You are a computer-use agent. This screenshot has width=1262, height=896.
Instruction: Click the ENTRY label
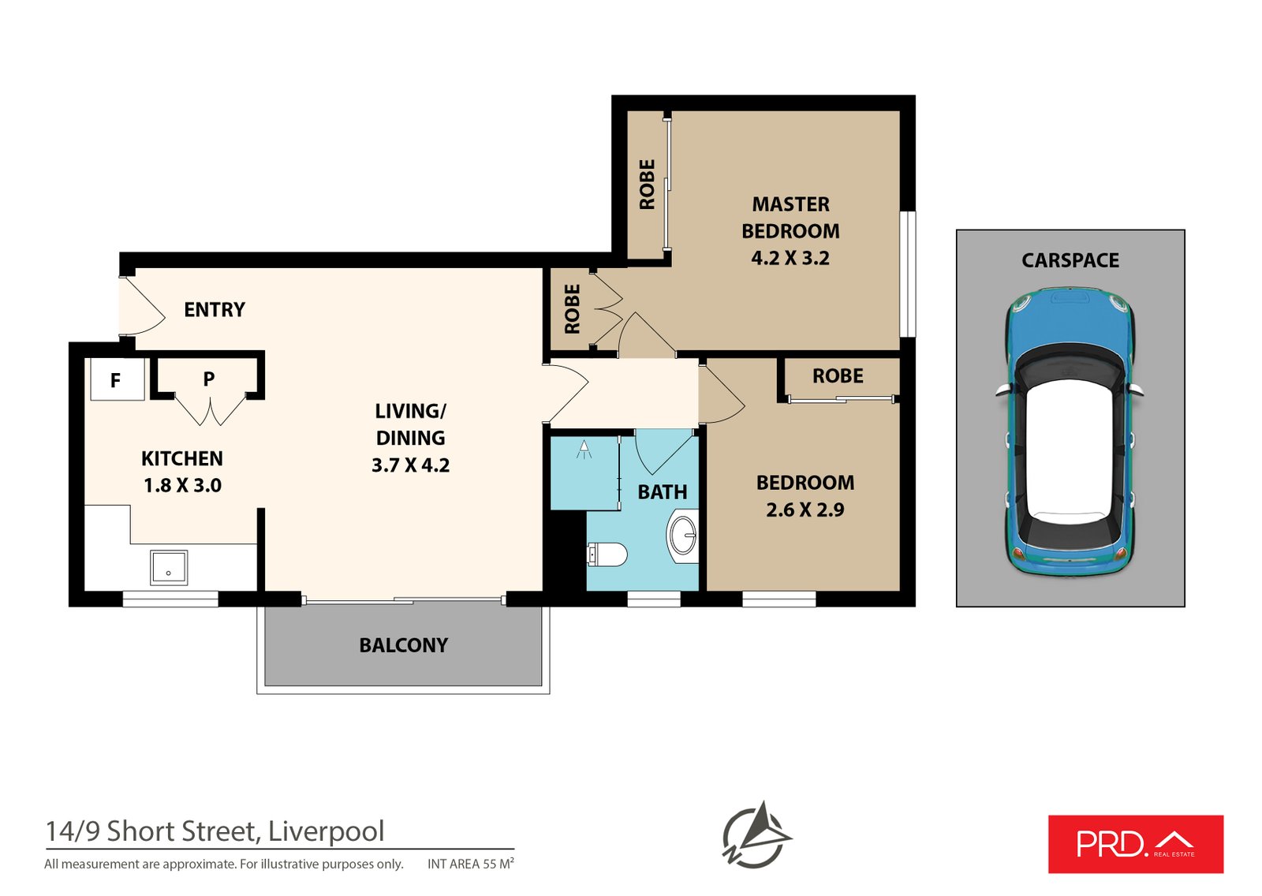tap(215, 310)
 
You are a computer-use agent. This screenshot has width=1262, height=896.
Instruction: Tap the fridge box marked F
tap(116, 380)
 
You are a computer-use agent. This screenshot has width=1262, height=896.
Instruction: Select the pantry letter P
tap(208, 379)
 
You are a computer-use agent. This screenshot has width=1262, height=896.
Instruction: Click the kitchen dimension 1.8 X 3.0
tap(182, 486)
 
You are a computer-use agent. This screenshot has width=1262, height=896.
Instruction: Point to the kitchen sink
tap(169, 568)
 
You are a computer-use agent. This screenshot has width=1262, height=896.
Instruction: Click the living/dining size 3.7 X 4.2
tap(410, 465)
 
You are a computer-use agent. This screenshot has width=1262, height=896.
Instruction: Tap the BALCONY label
tap(403, 646)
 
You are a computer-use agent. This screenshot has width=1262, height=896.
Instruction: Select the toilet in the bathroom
tap(607, 554)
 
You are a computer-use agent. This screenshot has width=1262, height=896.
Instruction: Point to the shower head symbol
tap(584, 450)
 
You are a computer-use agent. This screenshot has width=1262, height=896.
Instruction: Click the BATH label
tap(662, 492)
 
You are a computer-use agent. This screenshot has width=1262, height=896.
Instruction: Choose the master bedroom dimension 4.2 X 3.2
tap(790, 259)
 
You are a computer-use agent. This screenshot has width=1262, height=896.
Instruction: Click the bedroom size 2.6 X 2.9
tap(805, 510)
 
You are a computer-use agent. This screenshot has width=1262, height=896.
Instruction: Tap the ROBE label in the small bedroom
tap(838, 376)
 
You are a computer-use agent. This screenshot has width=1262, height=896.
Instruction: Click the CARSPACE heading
tap(1070, 261)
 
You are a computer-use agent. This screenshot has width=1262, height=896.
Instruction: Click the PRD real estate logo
tap(1135, 844)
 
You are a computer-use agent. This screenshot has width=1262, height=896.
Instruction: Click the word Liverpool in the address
tap(326, 831)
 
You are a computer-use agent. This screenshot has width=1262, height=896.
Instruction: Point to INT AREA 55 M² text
tap(471, 864)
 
